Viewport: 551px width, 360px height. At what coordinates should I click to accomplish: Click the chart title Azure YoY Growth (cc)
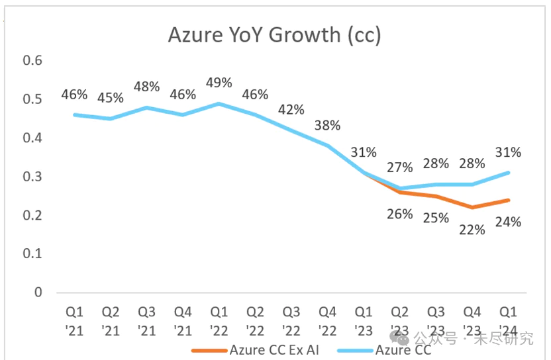[x=274, y=34]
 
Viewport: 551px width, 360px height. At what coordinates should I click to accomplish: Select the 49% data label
[x=219, y=83]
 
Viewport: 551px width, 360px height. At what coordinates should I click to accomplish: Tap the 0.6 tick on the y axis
[x=32, y=60]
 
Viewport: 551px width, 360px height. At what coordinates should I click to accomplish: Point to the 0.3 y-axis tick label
[x=32, y=177]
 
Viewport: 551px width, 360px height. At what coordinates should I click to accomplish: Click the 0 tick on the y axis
[x=38, y=292]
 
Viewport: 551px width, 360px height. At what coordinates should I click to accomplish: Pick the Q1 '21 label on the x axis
[x=75, y=320]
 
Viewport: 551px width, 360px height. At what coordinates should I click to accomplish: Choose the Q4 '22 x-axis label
[x=328, y=320]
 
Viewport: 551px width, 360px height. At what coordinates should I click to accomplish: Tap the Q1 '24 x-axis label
[x=508, y=320]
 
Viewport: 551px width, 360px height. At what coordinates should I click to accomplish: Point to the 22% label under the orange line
[x=472, y=230]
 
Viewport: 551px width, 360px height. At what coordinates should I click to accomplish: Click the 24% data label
[x=508, y=222]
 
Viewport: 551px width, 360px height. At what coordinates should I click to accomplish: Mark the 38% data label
[x=328, y=125]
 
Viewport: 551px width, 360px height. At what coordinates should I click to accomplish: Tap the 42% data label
[x=291, y=110]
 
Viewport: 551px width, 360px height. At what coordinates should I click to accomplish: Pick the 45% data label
[x=111, y=98]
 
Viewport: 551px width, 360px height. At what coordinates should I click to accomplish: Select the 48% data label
[x=147, y=87]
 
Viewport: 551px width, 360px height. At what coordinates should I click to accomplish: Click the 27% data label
[x=400, y=167]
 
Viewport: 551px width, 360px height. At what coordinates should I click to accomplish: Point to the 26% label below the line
[x=400, y=214]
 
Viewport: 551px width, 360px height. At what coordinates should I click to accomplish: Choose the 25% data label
[x=436, y=218]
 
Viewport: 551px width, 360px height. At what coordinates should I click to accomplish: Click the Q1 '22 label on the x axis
[x=219, y=320]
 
